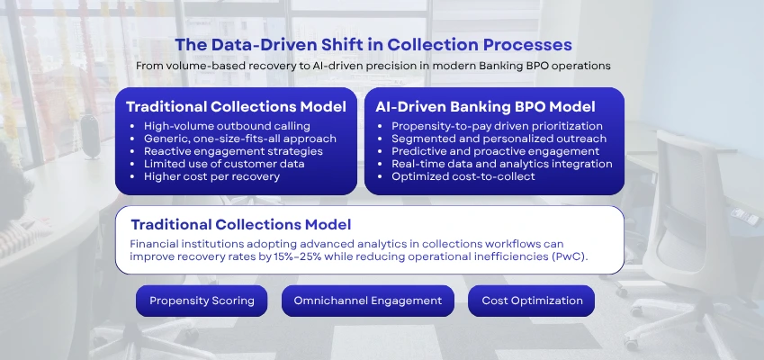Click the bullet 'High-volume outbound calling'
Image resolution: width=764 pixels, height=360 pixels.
[x=220, y=126]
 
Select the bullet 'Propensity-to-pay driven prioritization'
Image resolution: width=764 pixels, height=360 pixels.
[x=497, y=126]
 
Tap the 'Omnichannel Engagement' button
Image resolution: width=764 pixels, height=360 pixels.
[x=367, y=301]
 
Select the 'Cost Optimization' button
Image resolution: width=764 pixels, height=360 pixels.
[x=531, y=301]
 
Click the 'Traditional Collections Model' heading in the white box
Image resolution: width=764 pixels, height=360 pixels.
[x=240, y=224]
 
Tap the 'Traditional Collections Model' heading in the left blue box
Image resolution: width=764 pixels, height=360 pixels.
[x=236, y=106]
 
